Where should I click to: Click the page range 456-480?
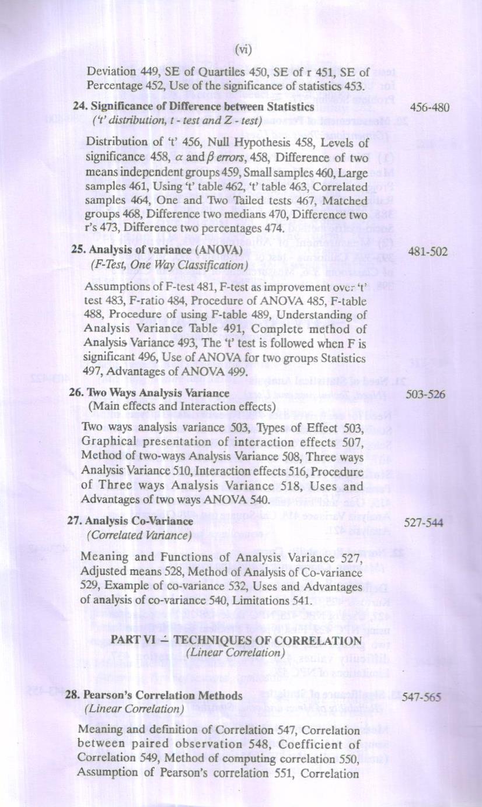[x=429, y=108]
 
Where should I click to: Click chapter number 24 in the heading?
[x=79, y=107]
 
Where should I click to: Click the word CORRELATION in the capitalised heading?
[x=326, y=641]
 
